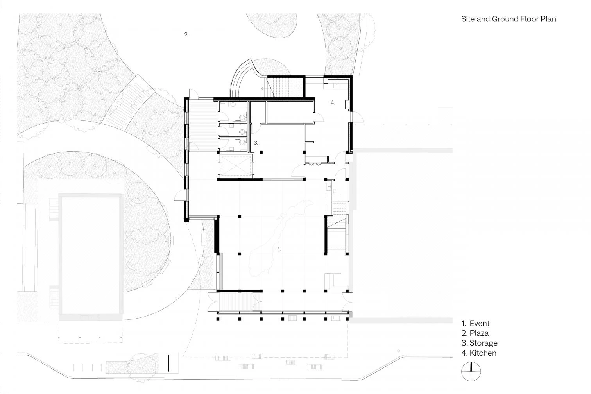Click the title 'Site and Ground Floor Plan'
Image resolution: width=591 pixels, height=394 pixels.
click(x=509, y=19)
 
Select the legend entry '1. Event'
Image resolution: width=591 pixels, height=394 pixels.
click(x=475, y=323)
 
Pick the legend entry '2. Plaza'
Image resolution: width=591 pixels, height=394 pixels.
click(x=475, y=333)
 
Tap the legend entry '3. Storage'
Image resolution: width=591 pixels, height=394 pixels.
click(x=479, y=343)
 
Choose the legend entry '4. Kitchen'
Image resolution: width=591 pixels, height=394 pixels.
click(x=479, y=353)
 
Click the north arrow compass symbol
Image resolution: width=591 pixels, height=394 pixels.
click(x=471, y=371)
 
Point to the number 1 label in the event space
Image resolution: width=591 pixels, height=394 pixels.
click(x=279, y=249)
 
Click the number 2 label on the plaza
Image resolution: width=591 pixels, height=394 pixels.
click(x=186, y=34)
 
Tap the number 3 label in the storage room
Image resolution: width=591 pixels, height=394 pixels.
click(x=256, y=143)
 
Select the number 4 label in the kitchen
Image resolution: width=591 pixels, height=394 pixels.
click(x=333, y=103)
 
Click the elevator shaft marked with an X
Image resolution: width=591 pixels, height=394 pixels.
click(x=235, y=166)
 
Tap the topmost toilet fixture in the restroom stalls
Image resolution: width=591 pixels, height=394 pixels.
click(x=242, y=117)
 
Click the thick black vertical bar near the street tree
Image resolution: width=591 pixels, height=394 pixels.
click(x=168, y=364)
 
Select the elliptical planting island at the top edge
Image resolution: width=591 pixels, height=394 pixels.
click(x=272, y=24)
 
